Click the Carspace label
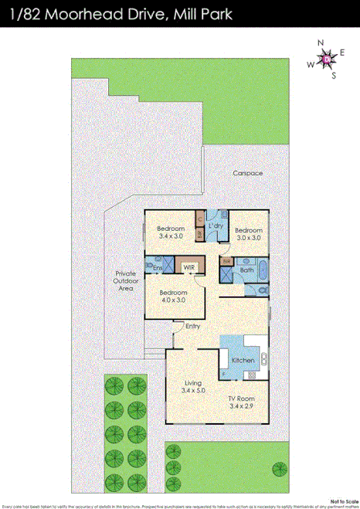click(x=248, y=173)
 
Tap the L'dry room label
click(x=216, y=225)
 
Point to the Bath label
click(x=246, y=270)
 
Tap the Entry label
click(x=192, y=325)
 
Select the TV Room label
click(x=240, y=398)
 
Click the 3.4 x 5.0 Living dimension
click(x=192, y=391)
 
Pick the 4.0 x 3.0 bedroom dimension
click(x=172, y=301)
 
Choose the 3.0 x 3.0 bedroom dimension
click(x=249, y=239)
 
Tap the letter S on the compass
click(x=334, y=76)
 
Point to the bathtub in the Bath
click(x=261, y=271)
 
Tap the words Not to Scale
click(x=343, y=500)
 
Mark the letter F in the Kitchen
click(x=225, y=375)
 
